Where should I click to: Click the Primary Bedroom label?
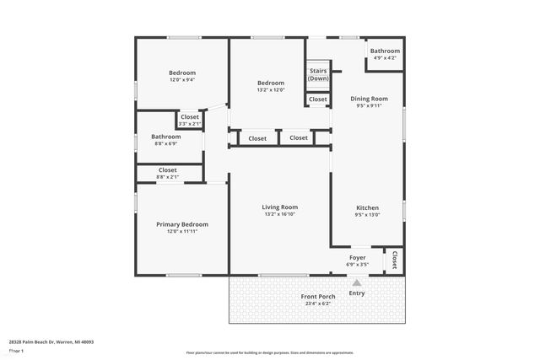181,224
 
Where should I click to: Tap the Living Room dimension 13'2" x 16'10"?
279,215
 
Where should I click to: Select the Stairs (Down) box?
318,74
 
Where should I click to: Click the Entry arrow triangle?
357,283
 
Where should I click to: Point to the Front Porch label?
317,296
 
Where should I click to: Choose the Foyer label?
358,257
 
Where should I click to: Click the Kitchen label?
367,207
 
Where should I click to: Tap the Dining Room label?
369,99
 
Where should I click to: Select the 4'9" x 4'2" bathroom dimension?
384,58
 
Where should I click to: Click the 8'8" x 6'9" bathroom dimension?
165,144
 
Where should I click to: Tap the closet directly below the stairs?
317,99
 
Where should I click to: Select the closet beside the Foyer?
394,261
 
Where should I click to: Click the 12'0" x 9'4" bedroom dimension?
181,81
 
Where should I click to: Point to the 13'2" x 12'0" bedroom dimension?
271,90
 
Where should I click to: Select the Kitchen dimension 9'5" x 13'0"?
367,215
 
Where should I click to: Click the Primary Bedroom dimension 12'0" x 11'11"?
181,232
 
